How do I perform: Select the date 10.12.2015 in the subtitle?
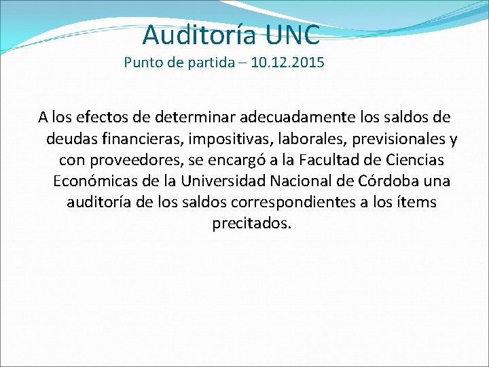click(x=287, y=63)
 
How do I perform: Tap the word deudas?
click(x=69, y=139)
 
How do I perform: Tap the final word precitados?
click(x=252, y=224)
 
